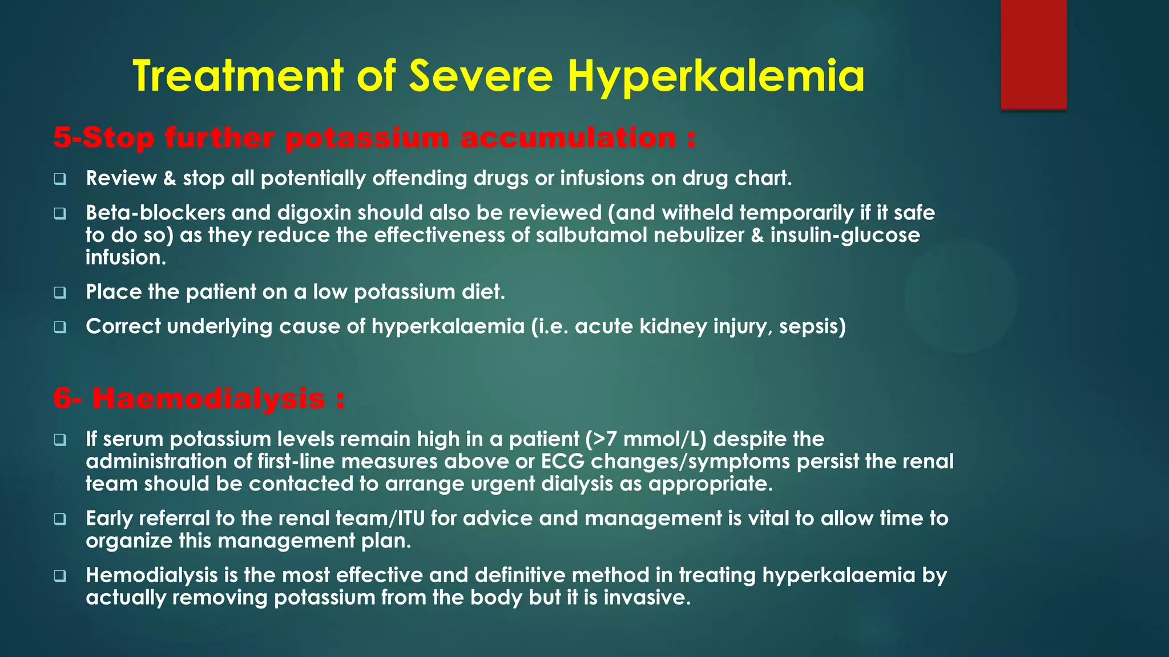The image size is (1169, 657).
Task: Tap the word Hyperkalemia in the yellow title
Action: click(716, 77)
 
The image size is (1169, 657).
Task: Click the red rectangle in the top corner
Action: click(1033, 54)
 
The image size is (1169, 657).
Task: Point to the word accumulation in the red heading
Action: click(567, 138)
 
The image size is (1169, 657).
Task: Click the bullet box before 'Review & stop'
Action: click(60, 179)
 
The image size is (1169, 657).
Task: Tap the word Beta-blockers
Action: click(155, 213)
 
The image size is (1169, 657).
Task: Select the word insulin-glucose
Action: click(845, 235)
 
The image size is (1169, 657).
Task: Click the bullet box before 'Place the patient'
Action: click(60, 293)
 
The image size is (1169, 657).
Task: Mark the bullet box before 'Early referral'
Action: click(60, 519)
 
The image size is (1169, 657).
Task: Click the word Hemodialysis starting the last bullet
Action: click(152, 575)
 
